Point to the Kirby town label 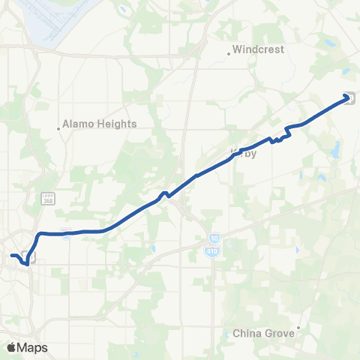pyautogui.click(x=243, y=153)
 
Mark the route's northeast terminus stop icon pyautogui.click(x=349, y=97)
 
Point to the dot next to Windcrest pyautogui.click(x=229, y=53)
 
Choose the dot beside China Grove pyautogui.click(x=298, y=327)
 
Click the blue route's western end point pyautogui.click(x=10, y=256)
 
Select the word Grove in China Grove pyautogui.click(x=276, y=332)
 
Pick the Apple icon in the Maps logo pyautogui.click(x=12, y=347)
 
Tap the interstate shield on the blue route pyautogui.click(x=67, y=233)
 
